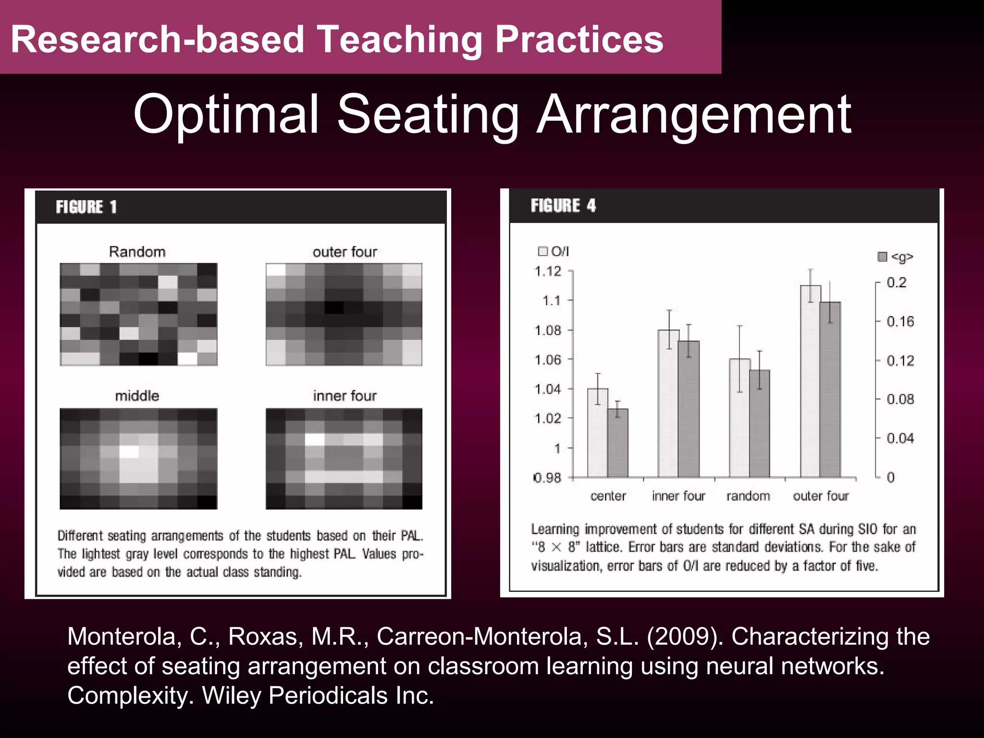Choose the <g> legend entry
pos(896,257)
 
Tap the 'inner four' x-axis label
pos(678,496)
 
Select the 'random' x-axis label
pos(748,496)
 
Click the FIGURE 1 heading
pos(86,207)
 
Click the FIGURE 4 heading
pos(563,206)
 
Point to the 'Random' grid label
pos(137,252)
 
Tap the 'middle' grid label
pos(137,396)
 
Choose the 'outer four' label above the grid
pos(345,252)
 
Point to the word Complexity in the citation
pos(130,696)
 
